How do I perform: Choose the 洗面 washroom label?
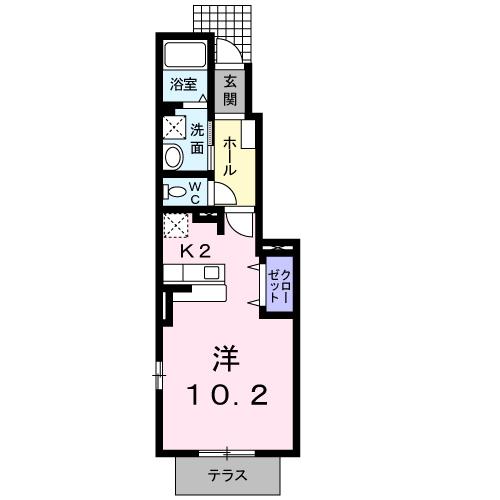click(x=197, y=137)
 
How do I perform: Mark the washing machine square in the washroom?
click(x=176, y=127)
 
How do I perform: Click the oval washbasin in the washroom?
click(x=174, y=156)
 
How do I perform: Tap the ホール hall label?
click(x=229, y=158)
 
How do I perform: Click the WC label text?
click(x=195, y=192)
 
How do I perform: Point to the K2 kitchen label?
click(x=195, y=252)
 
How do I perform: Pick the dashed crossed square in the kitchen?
click(x=176, y=225)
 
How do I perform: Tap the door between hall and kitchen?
click(x=240, y=222)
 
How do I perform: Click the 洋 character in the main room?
click(x=227, y=357)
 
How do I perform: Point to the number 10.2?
click(x=227, y=397)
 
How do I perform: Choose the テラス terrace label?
click(x=228, y=476)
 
